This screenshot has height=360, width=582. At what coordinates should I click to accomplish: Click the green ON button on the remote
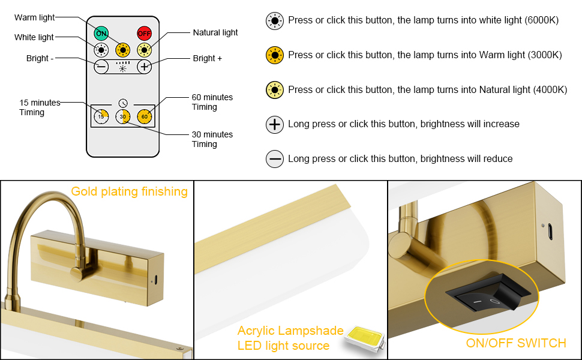[101, 33]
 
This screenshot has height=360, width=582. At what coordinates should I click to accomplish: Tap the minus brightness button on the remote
[101, 66]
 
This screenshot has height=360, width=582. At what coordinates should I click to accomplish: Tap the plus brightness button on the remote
[144, 66]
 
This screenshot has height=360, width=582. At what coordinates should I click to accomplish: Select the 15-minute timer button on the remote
[101, 116]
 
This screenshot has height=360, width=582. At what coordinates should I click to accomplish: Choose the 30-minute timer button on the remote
[122, 116]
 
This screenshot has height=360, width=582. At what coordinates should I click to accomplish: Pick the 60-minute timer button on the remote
[144, 116]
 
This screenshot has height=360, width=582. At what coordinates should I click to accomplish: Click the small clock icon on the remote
[123, 103]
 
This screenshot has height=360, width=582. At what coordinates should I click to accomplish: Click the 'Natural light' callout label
[215, 32]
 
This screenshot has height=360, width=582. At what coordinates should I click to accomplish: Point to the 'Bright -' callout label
[40, 59]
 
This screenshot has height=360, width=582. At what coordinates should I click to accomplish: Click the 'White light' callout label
[34, 37]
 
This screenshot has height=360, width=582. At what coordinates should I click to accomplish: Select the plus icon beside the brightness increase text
[275, 124]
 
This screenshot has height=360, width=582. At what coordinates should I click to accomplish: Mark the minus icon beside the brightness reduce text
[275, 159]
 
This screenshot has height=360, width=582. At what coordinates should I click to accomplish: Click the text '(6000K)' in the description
[542, 20]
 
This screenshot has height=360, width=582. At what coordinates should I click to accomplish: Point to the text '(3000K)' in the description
[545, 55]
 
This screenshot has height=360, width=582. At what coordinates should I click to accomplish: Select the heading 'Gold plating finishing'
[129, 191]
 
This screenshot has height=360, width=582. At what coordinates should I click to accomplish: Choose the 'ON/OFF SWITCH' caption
[516, 343]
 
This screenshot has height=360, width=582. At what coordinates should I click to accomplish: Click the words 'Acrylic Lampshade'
[290, 331]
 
